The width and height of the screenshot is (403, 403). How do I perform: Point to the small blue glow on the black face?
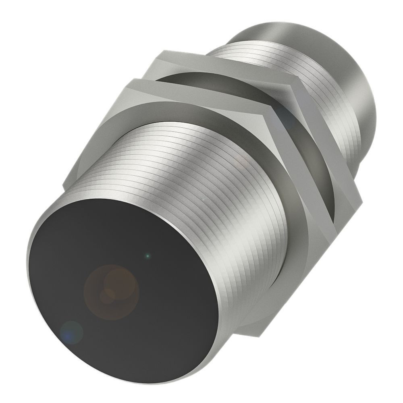71,332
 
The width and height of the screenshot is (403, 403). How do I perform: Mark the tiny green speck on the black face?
148,255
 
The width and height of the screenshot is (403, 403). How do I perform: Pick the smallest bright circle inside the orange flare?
106,297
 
